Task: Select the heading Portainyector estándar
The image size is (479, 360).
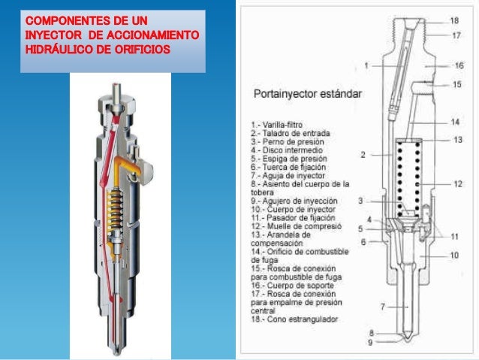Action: click(x=307, y=95)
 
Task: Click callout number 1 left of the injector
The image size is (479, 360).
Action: click(x=366, y=65)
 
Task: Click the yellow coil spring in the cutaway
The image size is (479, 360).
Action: click(x=115, y=203)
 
